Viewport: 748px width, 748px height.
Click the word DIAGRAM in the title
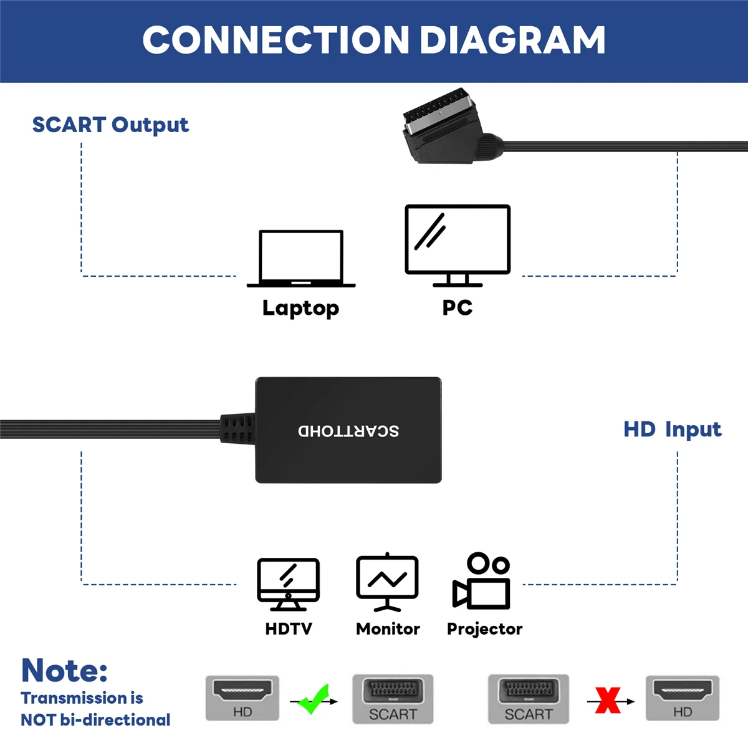[x=512, y=40]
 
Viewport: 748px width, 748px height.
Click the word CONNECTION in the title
[x=276, y=40]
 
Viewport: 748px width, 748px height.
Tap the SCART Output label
[x=110, y=125]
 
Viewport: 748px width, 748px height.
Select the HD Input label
[x=673, y=429]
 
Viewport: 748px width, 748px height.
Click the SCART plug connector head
[x=443, y=126]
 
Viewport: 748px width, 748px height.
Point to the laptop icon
[x=301, y=259]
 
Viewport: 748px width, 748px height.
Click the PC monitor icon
[x=458, y=246]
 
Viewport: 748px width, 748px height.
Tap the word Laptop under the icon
[x=301, y=309]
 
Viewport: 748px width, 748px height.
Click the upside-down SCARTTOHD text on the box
[x=348, y=431]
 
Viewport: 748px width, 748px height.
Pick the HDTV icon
[x=289, y=584]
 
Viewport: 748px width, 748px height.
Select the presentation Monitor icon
[x=387, y=582]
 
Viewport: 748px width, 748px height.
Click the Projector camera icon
[x=481, y=581]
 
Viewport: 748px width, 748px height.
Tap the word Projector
[x=484, y=629]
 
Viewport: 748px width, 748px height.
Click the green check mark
[x=314, y=699]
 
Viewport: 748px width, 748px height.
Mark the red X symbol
[x=608, y=700]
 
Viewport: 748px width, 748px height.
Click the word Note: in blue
[x=64, y=670]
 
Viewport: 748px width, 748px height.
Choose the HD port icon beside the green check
[x=242, y=698]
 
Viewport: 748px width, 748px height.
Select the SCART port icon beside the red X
[x=529, y=699]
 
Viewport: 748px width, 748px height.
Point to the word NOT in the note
[x=38, y=721]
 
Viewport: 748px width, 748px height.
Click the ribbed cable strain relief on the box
[x=237, y=428]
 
